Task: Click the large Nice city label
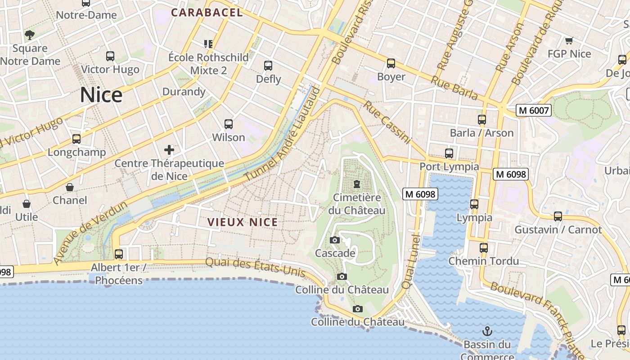(101, 95)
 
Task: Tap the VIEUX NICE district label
(243, 222)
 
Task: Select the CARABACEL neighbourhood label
(207, 13)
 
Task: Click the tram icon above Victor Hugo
(110, 56)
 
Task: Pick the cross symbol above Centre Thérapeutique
(169, 149)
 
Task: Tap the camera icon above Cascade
(334, 240)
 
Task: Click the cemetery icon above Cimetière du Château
(357, 184)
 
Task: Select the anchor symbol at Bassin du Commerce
(487, 332)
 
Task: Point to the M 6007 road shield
(534, 110)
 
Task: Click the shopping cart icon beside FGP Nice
(569, 41)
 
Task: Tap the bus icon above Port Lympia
(449, 153)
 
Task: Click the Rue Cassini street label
(387, 122)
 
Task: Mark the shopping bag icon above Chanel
(70, 187)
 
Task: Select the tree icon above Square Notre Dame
(30, 35)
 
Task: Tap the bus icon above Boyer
(391, 63)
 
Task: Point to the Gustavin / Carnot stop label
(558, 229)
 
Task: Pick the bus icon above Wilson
(229, 124)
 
